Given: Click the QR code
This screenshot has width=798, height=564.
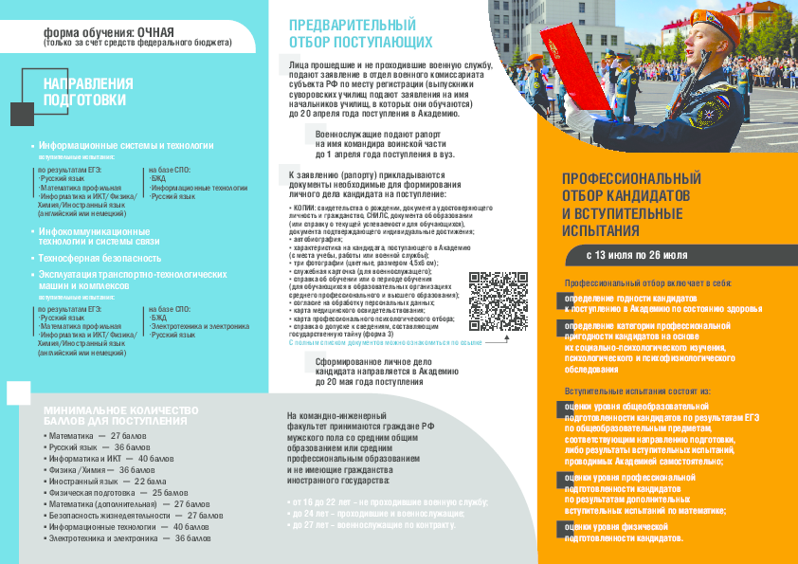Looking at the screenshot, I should [x=498, y=300].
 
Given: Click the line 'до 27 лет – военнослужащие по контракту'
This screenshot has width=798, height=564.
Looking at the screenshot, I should [x=371, y=523].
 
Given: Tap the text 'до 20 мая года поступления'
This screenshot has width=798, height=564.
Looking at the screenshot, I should [x=374, y=383].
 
